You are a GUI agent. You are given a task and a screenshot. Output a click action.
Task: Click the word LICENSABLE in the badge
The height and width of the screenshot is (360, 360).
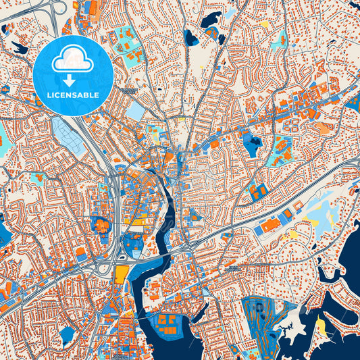[73, 95]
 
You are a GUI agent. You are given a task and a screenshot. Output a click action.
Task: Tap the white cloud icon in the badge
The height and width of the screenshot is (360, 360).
[73, 59]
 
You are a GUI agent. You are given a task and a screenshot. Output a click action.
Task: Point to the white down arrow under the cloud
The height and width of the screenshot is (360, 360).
[73, 79]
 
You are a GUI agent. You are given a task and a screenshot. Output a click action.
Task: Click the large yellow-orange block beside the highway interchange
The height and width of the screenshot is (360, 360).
[122, 274]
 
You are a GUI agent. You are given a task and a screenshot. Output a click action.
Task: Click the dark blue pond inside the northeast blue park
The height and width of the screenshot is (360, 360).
[253, 143]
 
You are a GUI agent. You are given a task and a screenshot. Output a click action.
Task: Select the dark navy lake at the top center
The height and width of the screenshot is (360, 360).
[211, 21]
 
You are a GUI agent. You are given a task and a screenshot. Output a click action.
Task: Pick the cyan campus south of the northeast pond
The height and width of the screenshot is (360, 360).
[278, 153]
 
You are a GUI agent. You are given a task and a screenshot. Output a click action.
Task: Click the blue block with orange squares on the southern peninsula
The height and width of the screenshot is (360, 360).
[169, 322]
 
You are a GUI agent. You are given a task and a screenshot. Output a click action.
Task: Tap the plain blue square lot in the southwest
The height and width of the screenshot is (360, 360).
[67, 334]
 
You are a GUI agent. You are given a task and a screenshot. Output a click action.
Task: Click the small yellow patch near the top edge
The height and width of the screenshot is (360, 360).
[264, 24]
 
